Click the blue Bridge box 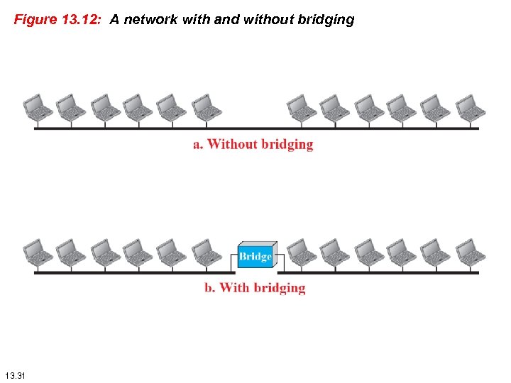pos(255,255)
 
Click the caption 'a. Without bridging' pos(253,145)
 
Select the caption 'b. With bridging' pos(255,288)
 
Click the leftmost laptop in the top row pos(37,107)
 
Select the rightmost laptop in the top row pos(471,107)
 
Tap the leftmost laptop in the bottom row pos(37,251)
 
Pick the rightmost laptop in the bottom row pos(471,251)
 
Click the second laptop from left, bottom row pos(70,251)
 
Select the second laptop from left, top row pos(70,107)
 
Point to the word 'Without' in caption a pos(231,145)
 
